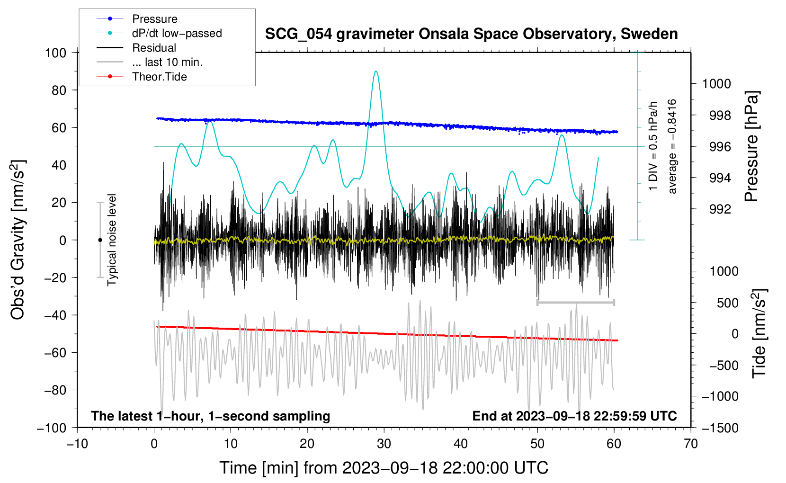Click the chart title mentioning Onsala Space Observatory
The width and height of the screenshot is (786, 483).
pyautogui.click(x=471, y=34)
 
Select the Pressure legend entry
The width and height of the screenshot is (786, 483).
pyautogui.click(x=154, y=19)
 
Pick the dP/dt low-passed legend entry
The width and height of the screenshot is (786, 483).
pyautogui.click(x=177, y=33)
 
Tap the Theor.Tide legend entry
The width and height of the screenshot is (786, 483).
pyautogui.click(x=159, y=77)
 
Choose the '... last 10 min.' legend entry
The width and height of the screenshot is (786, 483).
pyautogui.click(x=167, y=62)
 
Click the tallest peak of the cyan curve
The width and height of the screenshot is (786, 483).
pyautogui.click(x=376, y=72)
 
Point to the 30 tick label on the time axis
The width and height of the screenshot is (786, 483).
pyautogui.click(x=384, y=444)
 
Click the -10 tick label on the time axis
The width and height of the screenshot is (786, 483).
pyautogui.click(x=77, y=444)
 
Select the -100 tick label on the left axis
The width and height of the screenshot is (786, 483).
pyautogui.click(x=52, y=428)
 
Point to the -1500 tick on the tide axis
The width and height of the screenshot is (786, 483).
pyautogui.click(x=720, y=428)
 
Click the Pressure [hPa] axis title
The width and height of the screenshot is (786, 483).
pyautogui.click(x=751, y=147)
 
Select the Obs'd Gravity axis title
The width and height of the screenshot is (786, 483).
pyautogui.click(x=18, y=240)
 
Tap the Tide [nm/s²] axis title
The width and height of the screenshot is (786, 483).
pyautogui.click(x=759, y=333)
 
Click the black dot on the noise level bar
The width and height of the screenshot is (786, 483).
pyautogui.click(x=100, y=240)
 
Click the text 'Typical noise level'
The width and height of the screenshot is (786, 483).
pyautogui.click(x=112, y=240)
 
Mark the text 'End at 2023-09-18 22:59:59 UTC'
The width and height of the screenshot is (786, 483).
pyautogui.click(x=574, y=416)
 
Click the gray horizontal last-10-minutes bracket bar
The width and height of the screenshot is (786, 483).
pyautogui.click(x=575, y=302)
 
